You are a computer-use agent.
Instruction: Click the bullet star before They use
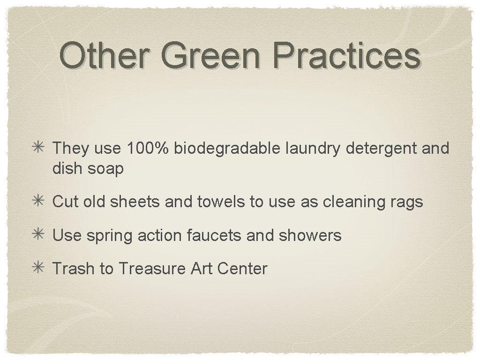pyautogui.click(x=40, y=148)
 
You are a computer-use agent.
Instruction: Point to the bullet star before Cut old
pyautogui.click(x=40, y=202)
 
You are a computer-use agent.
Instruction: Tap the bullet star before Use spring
pyautogui.click(x=40, y=235)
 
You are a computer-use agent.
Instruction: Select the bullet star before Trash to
pyautogui.click(x=40, y=269)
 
